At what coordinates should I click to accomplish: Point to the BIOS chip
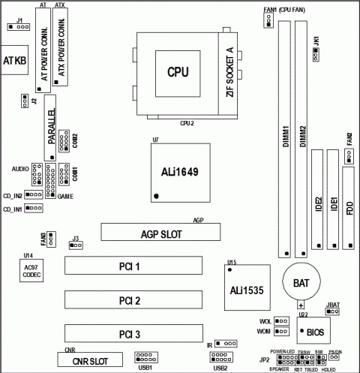pyautogui.click(x=314, y=330)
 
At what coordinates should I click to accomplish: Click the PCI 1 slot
pyautogui.click(x=132, y=266)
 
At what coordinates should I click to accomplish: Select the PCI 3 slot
pyautogui.click(x=132, y=333)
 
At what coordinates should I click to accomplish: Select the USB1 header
pyautogui.click(x=145, y=357)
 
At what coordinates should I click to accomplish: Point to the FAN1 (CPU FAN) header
pyautogui.click(x=268, y=22)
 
